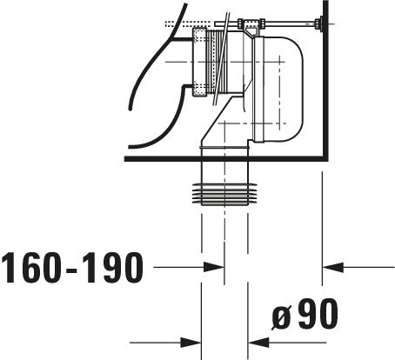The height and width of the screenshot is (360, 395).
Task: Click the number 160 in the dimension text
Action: click(x=31, y=268)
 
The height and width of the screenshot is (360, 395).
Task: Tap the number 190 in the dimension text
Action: click(x=113, y=268)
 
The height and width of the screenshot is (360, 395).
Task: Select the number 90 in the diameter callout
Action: click(x=318, y=313)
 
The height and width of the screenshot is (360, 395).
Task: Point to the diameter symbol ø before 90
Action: click(x=282, y=317)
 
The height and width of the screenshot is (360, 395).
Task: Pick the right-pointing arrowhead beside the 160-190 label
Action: click(x=213, y=267)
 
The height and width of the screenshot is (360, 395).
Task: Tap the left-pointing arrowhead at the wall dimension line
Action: click(x=333, y=267)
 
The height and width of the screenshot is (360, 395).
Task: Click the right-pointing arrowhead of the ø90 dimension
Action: click(x=191, y=343)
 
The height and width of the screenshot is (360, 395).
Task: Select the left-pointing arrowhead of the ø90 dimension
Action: click(x=258, y=343)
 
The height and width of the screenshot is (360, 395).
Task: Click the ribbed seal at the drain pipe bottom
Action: click(x=224, y=194)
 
